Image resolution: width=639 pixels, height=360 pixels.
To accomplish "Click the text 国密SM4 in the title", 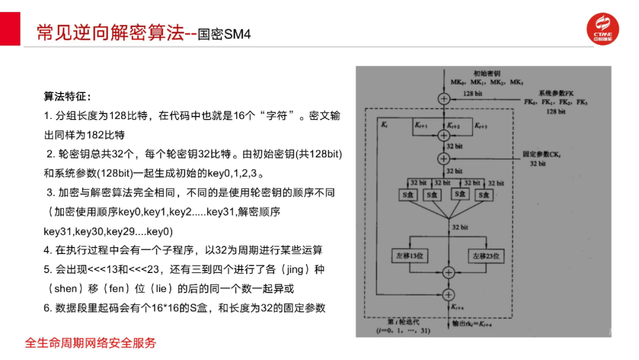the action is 224,34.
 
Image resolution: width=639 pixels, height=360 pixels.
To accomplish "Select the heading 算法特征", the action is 67,96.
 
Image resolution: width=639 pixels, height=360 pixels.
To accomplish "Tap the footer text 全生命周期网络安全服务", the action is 91,342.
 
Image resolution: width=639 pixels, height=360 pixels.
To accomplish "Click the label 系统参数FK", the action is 556,93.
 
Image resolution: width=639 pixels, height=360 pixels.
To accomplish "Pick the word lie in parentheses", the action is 175,288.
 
